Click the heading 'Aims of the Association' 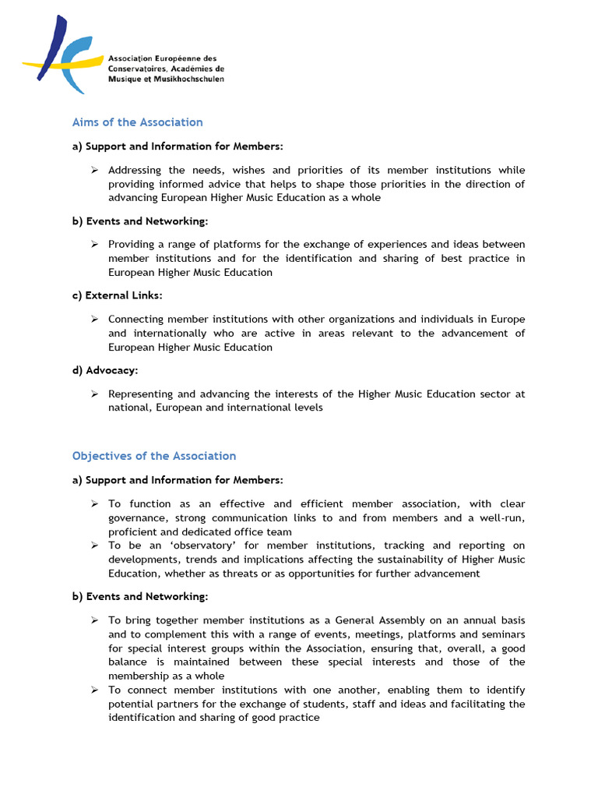coord(137,122)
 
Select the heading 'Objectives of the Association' coord(154,456)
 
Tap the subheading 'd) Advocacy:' coord(105,371)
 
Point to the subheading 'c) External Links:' coord(118,295)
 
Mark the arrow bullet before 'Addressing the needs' coord(93,170)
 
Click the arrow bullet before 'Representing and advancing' coord(93,394)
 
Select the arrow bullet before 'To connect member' coord(93,690)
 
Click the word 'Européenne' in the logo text coord(179,58)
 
